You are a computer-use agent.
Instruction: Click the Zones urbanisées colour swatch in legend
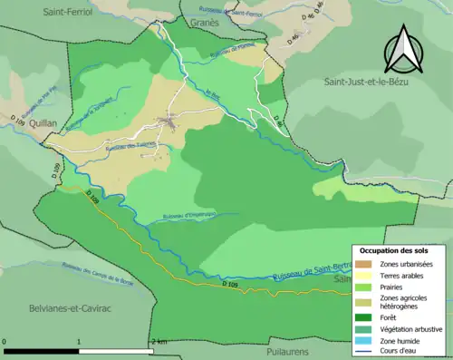click(364, 262)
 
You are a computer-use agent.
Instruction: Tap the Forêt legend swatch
click(364, 316)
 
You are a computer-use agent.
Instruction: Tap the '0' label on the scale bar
click(5, 342)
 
